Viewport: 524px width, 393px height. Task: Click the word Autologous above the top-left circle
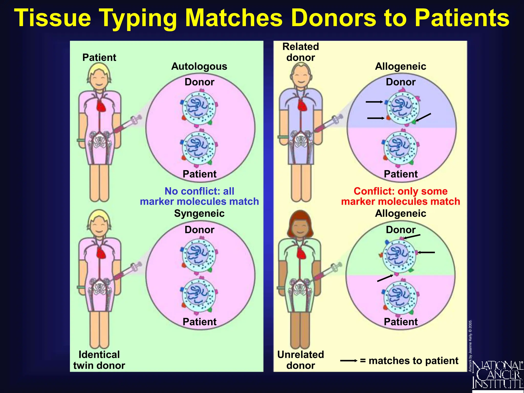coord(199,66)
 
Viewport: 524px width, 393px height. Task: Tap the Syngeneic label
coord(199,213)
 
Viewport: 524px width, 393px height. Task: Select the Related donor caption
coord(301,52)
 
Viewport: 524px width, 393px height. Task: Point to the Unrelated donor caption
coord(301,360)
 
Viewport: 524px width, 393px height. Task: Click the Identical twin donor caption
coord(99,360)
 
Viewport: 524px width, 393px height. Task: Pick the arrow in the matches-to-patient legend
coord(348,361)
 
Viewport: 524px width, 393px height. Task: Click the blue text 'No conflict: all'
coord(199,191)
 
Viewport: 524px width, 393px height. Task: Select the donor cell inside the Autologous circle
coord(199,108)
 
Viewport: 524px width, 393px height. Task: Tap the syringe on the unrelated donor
coord(328,271)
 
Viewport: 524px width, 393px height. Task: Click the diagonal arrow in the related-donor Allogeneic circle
coord(423,117)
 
